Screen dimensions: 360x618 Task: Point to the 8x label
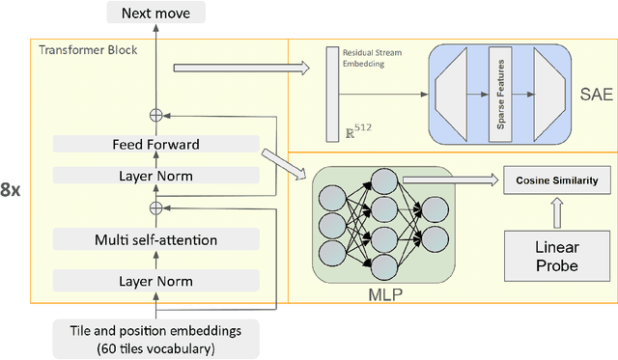point(12,189)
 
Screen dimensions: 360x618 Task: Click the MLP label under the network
point(381,292)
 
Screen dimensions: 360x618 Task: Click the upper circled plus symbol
point(155,115)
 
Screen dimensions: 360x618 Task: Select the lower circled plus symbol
point(155,208)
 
